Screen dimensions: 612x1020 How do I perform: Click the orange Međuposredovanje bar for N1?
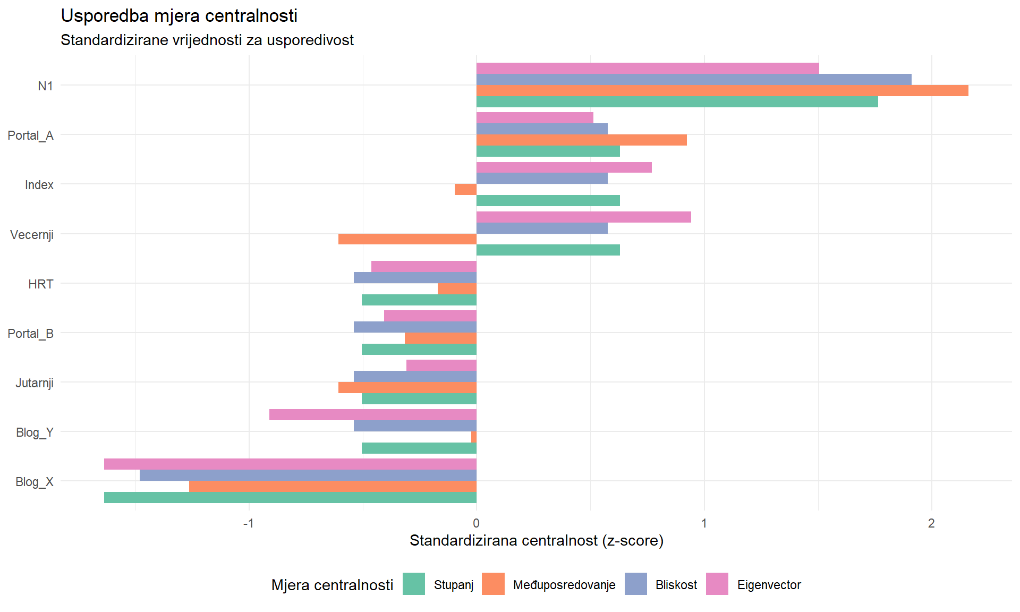(722, 91)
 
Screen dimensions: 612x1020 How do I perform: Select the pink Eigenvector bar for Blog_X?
(290, 464)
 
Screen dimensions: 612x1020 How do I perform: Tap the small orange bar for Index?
(466, 190)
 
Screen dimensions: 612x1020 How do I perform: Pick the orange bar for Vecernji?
(407, 239)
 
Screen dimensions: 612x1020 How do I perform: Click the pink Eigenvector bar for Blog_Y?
(373, 415)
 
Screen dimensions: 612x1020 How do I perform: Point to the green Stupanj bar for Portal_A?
(548, 151)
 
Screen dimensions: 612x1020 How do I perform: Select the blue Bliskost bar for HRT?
(415, 278)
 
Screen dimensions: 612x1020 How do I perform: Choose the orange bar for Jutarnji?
(407, 388)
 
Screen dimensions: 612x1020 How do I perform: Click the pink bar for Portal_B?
(430, 316)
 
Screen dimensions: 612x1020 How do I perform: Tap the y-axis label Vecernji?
(32, 235)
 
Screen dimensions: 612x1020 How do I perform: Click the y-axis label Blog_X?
(35, 482)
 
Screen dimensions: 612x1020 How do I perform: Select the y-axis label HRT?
(41, 284)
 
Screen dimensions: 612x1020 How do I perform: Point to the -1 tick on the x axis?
(248, 523)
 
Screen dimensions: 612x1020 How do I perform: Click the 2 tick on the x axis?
(931, 523)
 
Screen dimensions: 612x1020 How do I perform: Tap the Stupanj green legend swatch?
(414, 584)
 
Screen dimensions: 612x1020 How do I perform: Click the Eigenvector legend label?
(769, 585)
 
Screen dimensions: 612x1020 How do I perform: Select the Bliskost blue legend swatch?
(635, 584)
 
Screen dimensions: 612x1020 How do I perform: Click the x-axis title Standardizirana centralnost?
(537, 541)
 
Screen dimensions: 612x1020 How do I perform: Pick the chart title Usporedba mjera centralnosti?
(179, 16)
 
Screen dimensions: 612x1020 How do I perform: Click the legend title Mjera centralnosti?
(332, 585)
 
